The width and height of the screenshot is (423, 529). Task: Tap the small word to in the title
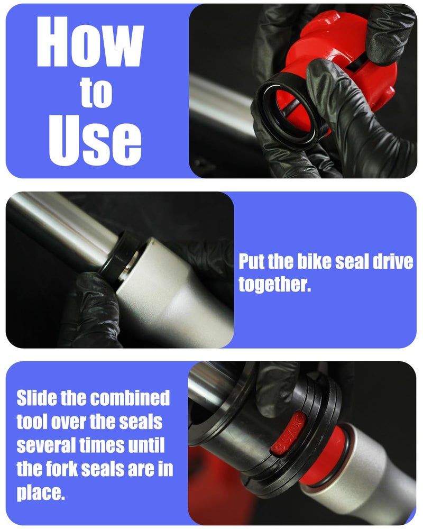pyautogui.click(x=96, y=93)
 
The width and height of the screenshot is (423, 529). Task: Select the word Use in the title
pyautogui.click(x=95, y=140)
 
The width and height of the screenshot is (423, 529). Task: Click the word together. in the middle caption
pyautogui.click(x=274, y=284)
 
